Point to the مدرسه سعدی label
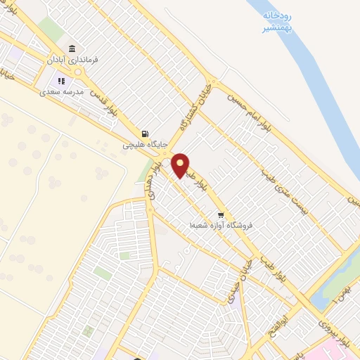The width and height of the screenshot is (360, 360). (61, 91)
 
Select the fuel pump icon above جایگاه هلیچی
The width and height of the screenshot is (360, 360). (145, 134)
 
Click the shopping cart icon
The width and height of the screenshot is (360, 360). (221, 214)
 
